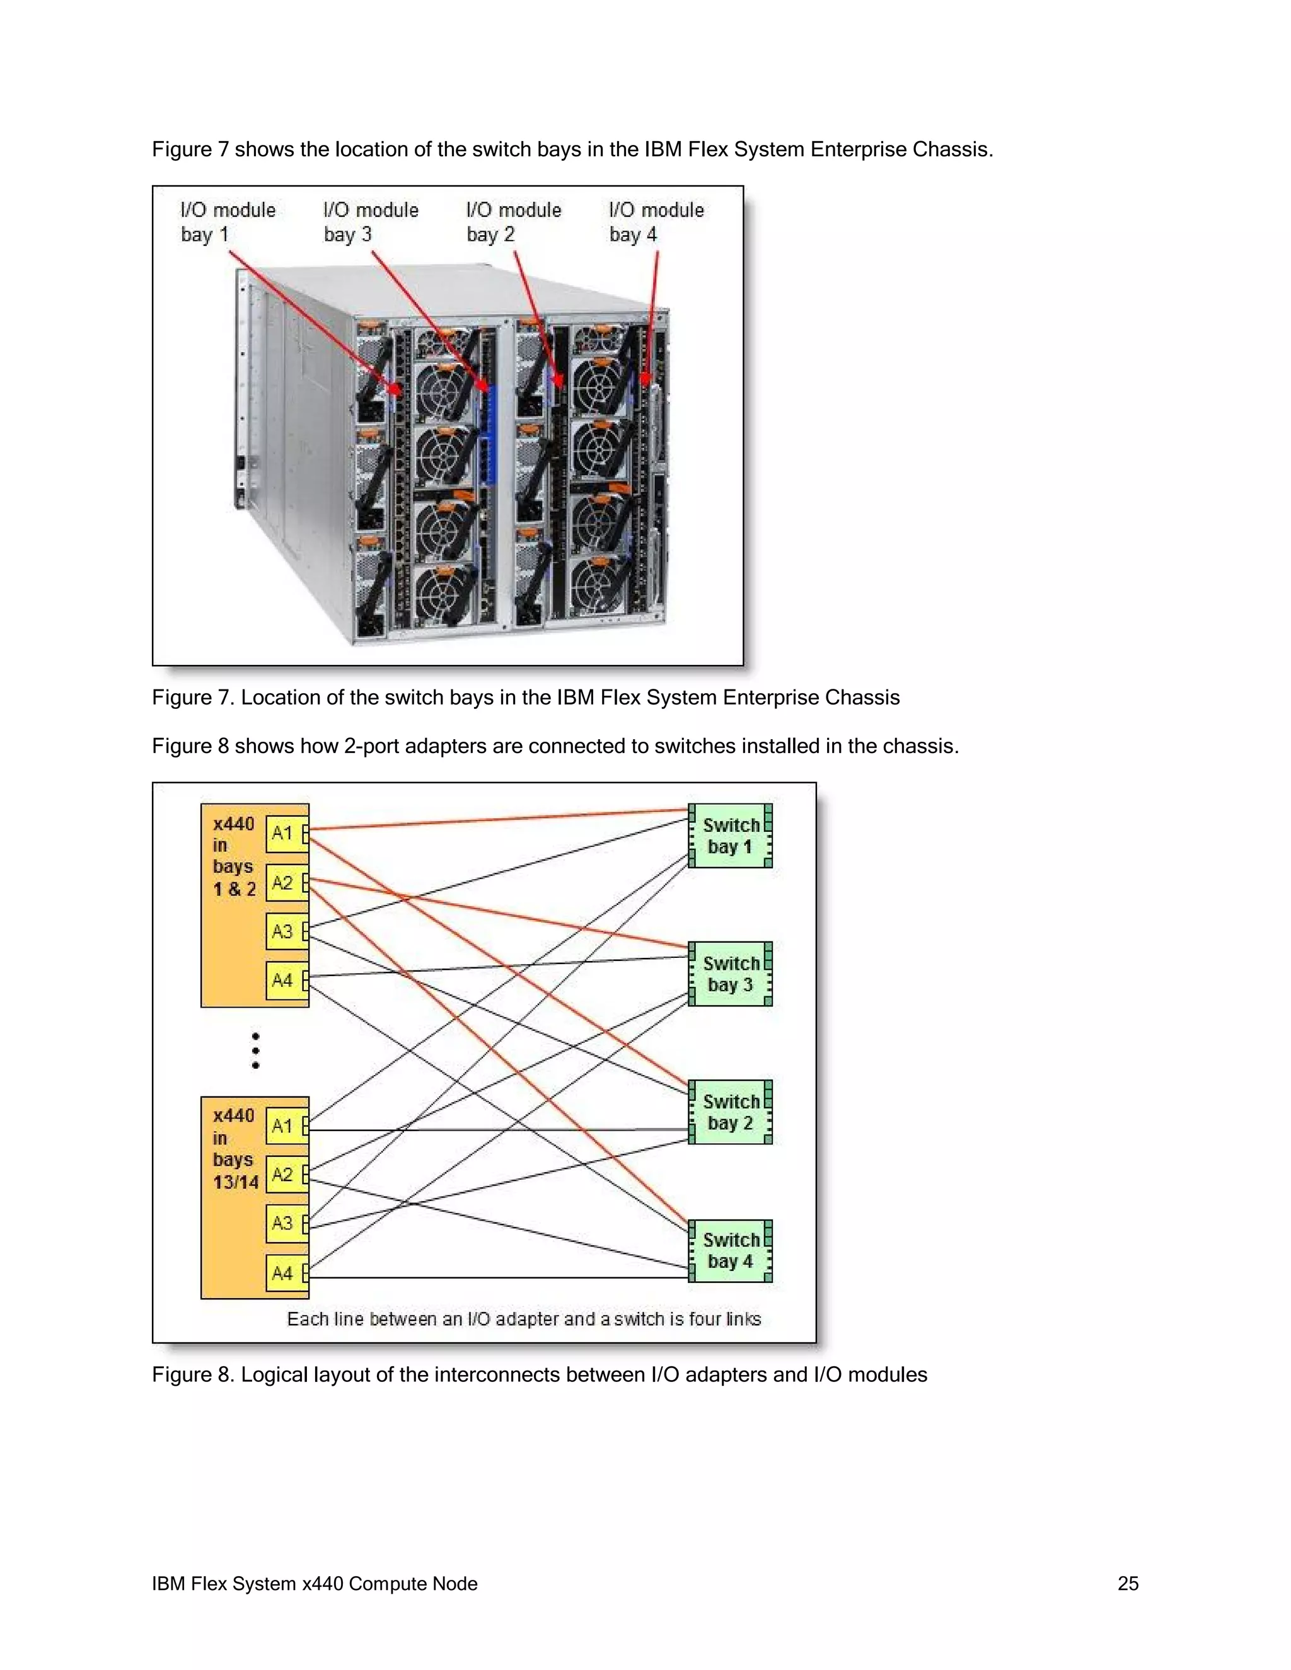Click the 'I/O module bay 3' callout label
[370, 222]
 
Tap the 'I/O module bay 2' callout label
[513, 222]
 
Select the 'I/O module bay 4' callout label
[656, 222]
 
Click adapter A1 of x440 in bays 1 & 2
[282, 834]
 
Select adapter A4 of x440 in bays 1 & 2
[282, 981]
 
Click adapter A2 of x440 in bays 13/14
[282, 1175]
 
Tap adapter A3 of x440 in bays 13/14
[282, 1223]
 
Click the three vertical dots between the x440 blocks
[255, 1051]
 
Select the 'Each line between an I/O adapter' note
[524, 1319]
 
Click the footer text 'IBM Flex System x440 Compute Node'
[315, 1584]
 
